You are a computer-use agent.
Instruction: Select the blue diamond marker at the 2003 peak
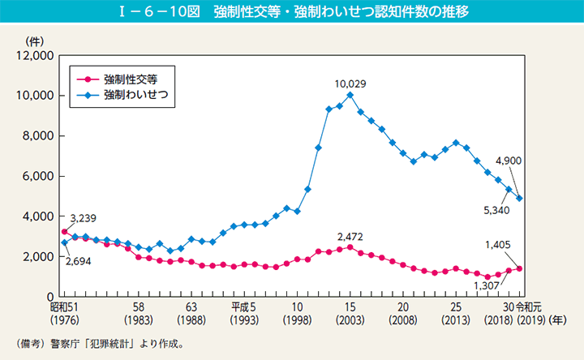[x=350, y=95]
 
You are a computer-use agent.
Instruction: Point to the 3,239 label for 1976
[x=84, y=219]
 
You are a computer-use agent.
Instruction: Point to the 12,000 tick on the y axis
[x=37, y=55]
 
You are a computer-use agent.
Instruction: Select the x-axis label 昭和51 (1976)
[x=66, y=315]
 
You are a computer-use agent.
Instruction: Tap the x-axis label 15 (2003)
[x=350, y=315]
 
